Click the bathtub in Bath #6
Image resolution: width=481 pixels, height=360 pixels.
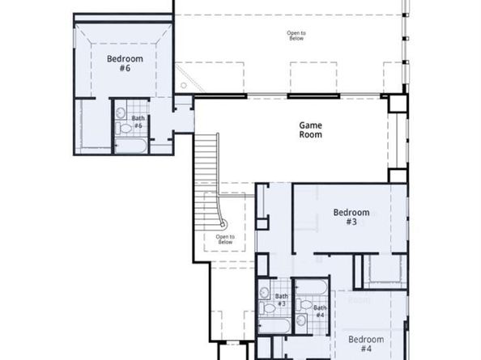tap(130, 146)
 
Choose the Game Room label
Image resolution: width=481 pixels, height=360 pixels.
tap(311, 130)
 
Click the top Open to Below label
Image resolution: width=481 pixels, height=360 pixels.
tap(296, 36)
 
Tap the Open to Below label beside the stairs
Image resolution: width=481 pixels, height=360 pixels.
tap(224, 239)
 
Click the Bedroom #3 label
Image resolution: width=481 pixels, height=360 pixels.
tap(351, 217)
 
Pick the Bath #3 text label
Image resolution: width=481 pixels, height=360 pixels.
tap(281, 300)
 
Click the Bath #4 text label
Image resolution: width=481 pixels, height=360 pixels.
tap(320, 311)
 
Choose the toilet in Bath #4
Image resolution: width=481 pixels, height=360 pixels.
tap(301, 320)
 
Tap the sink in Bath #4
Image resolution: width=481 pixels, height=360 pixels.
tap(301, 304)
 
